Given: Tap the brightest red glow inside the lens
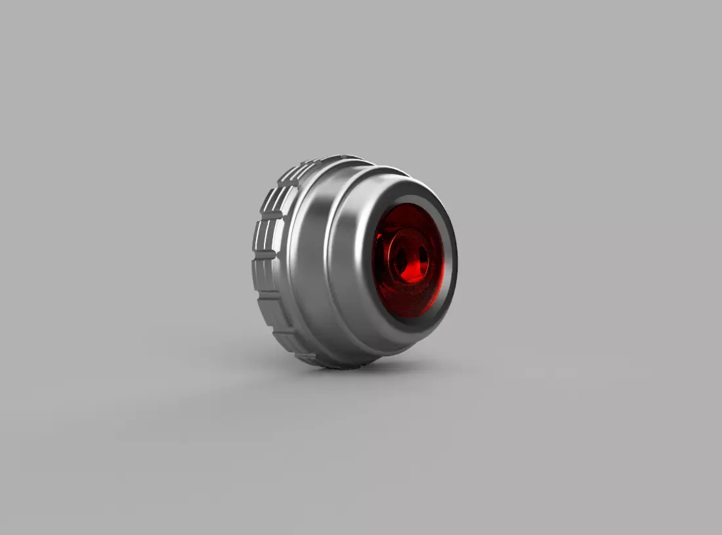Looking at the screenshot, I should (x=414, y=266).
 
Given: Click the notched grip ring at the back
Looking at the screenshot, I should (x=269, y=263).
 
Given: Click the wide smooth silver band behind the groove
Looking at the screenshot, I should (x=308, y=263).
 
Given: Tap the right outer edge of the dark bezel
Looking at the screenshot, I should (x=455, y=263).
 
